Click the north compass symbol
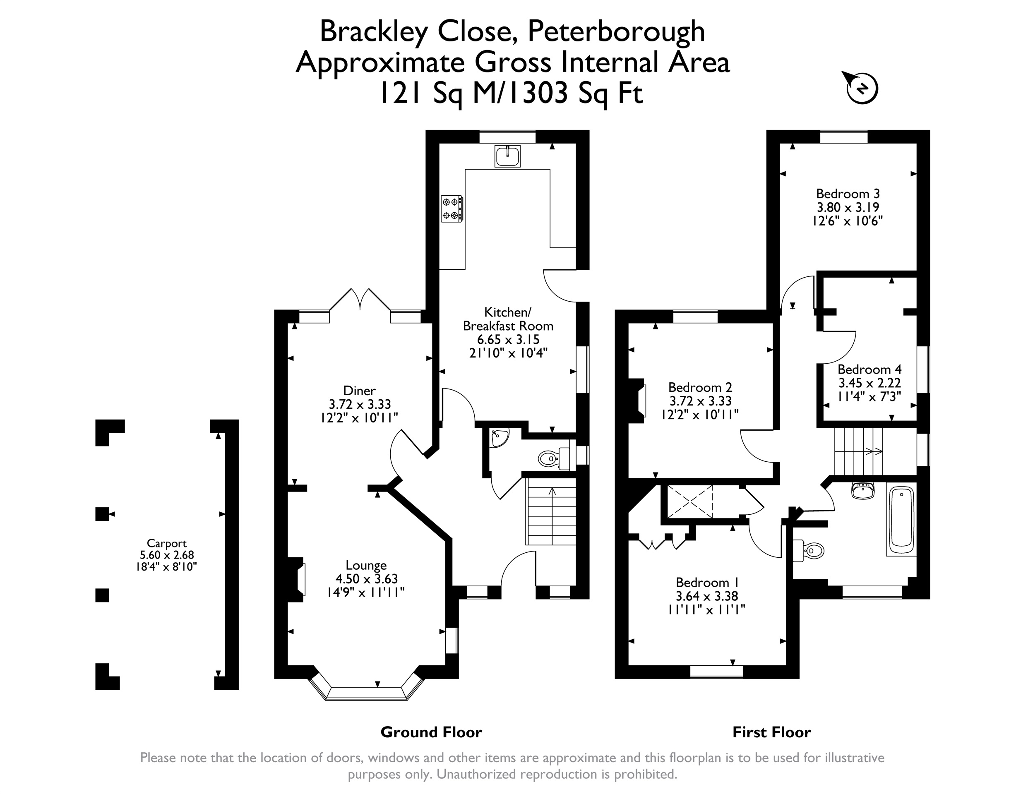coord(862,88)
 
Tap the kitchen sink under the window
coord(507,156)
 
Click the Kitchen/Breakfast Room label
coord(508,319)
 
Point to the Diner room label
coord(360,390)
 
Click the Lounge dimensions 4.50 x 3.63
coord(367,578)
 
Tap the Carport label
coord(167,543)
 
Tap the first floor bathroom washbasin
coord(862,490)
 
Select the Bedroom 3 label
coord(848,194)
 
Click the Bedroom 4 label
coord(869,369)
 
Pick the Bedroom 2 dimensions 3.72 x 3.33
coord(700,401)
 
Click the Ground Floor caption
coord(431,732)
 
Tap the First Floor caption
coord(771,732)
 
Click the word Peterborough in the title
coord(616,31)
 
